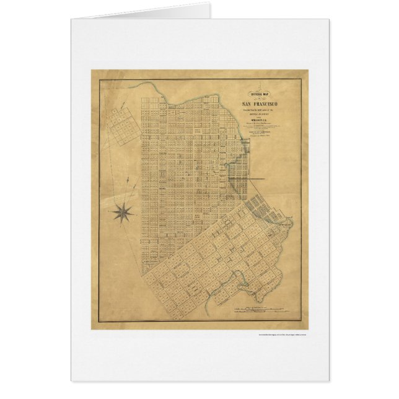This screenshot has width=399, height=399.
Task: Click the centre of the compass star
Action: click(x=125, y=213)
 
